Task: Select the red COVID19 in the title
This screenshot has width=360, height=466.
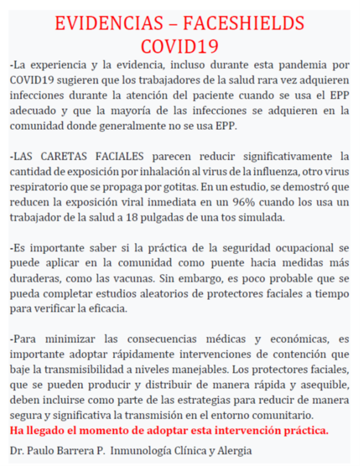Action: tap(180, 46)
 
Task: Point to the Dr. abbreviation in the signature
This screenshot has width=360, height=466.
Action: tap(17, 451)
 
